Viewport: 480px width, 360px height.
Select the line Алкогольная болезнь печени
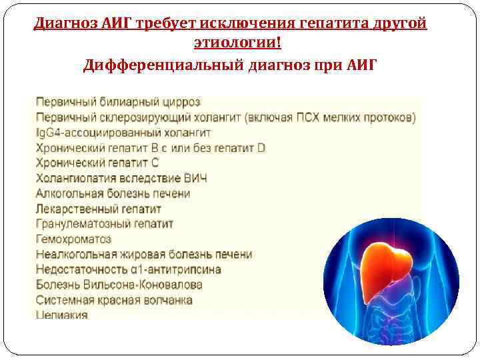[x=113, y=193]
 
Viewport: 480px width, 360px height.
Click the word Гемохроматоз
[x=73, y=239]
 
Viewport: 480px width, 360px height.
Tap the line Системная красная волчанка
[x=113, y=300]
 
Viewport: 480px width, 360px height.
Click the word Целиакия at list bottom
[x=61, y=315]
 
